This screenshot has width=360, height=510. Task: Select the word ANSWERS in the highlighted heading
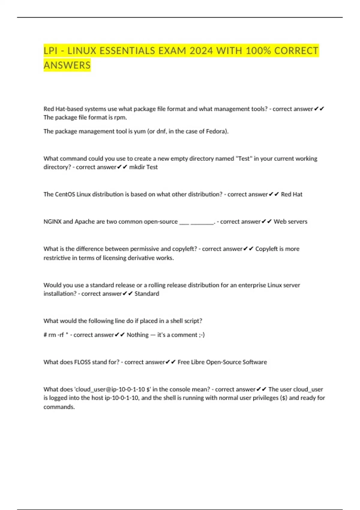click(x=67, y=65)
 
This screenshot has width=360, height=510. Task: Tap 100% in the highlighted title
click(x=258, y=51)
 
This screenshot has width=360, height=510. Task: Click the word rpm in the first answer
click(x=120, y=117)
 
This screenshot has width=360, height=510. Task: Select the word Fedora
click(x=217, y=131)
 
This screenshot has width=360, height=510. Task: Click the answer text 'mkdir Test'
click(x=143, y=167)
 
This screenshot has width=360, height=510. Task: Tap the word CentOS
click(x=65, y=194)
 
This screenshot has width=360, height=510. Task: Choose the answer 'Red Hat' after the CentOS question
click(x=292, y=194)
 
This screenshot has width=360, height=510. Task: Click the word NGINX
click(x=52, y=221)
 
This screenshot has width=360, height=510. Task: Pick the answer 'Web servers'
click(x=290, y=221)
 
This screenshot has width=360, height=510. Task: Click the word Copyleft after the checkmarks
click(x=267, y=249)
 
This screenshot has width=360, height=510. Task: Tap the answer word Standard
click(x=147, y=293)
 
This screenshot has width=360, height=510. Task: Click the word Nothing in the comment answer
click(x=137, y=335)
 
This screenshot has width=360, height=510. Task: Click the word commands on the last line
click(x=59, y=407)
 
